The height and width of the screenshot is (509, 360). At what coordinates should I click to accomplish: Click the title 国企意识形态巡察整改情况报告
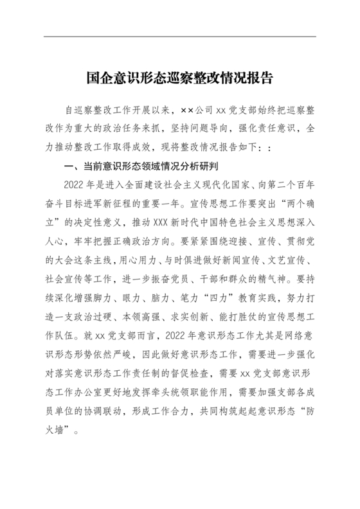[x=179, y=78]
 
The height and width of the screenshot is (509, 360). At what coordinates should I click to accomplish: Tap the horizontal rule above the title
[x=179, y=37]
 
